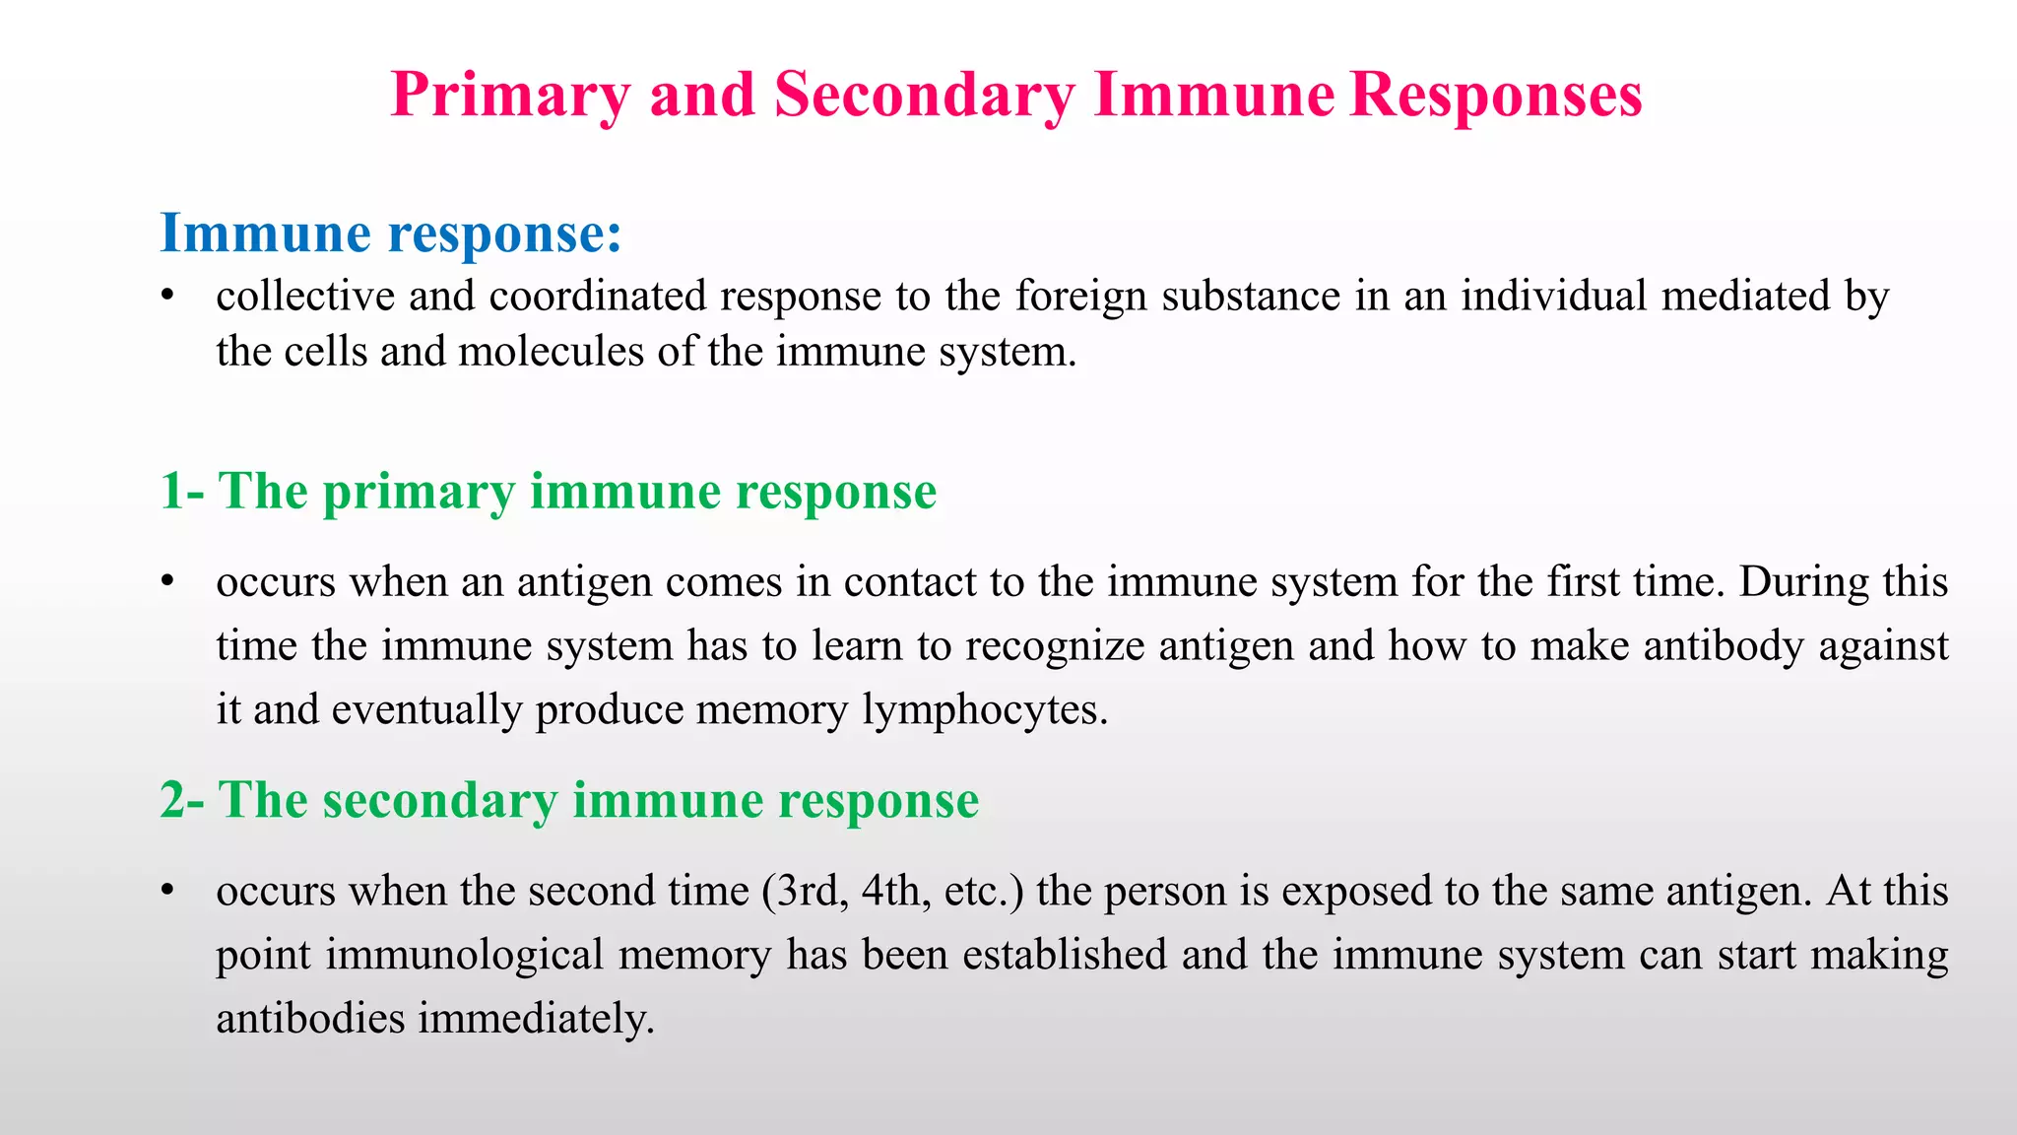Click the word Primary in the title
pyautogui.click(x=509, y=96)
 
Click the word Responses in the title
pyautogui.click(x=1495, y=96)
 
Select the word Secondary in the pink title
pyautogui.click(x=924, y=96)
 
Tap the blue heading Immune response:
pyautogui.click(x=391, y=234)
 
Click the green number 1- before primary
pyautogui.click(x=182, y=491)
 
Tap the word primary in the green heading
pyautogui.click(x=419, y=491)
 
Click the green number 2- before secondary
pyautogui.click(x=182, y=799)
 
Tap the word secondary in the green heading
pyautogui.click(x=439, y=799)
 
